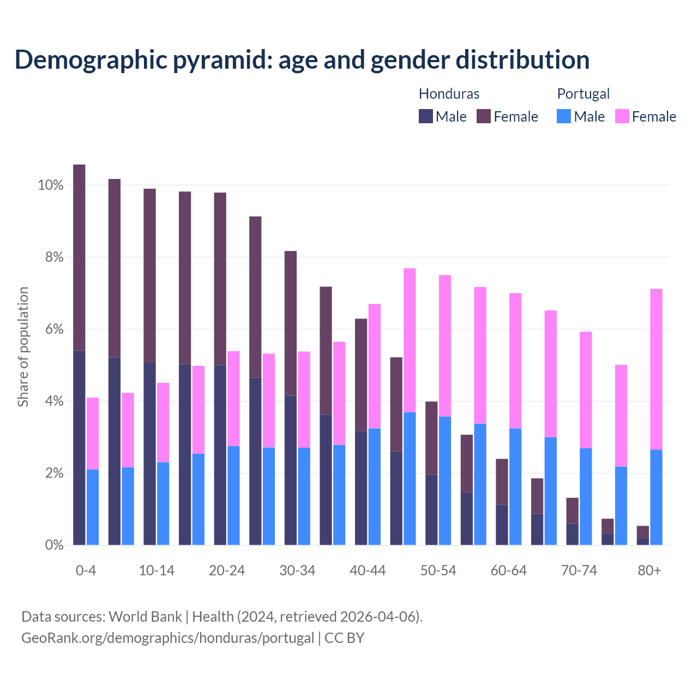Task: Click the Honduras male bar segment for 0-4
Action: pos(79,447)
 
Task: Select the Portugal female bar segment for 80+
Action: pos(657,369)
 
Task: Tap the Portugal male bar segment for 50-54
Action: pos(445,480)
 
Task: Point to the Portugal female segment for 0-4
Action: pos(93,433)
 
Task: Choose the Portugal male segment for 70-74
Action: pos(586,496)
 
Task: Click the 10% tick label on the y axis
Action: pos(51,185)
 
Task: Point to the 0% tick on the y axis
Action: pos(54,545)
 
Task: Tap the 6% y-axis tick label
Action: pos(54,329)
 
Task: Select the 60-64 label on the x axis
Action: pos(509,570)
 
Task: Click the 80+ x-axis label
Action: pos(649,570)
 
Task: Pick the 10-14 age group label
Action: pos(157,570)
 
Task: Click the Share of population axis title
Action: pos(23,347)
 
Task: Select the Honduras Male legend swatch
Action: pos(426,116)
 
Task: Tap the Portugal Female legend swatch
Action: pos(622,116)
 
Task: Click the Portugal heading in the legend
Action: pos(583,94)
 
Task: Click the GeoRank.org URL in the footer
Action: pos(167,637)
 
